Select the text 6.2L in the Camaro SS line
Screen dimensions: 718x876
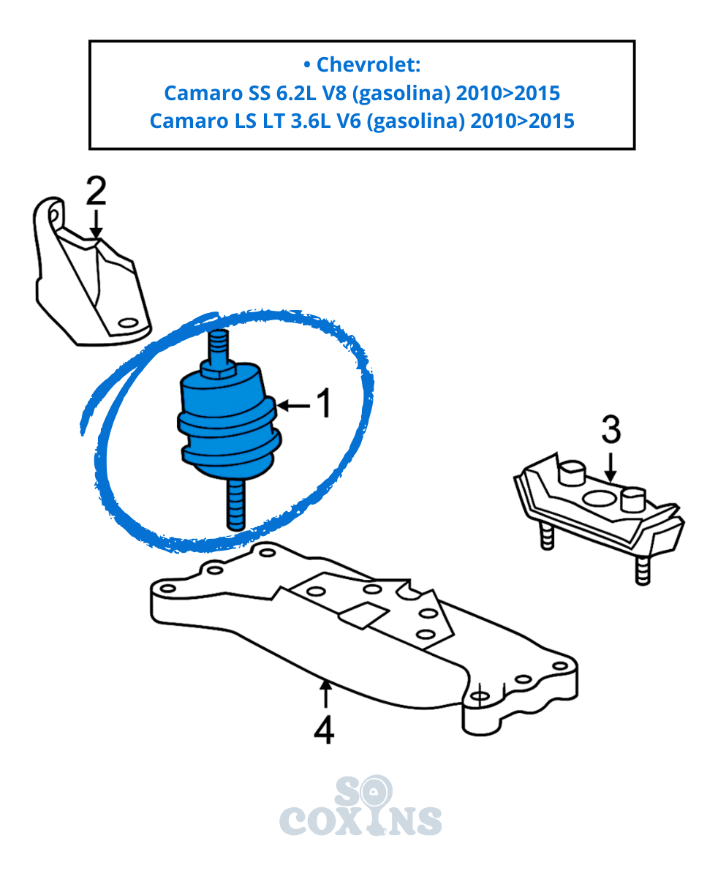click(296, 93)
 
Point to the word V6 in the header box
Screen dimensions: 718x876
click(349, 121)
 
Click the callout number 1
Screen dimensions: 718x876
click(324, 404)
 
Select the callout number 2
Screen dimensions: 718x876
click(96, 191)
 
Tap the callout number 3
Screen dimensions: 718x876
click(611, 430)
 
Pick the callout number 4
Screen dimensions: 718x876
click(325, 729)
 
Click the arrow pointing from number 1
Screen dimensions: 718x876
click(293, 406)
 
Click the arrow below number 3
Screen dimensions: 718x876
click(611, 466)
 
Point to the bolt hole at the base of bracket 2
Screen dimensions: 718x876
click(129, 323)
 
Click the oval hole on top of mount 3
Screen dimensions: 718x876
click(598, 497)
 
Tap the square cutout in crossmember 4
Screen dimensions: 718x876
click(363, 614)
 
